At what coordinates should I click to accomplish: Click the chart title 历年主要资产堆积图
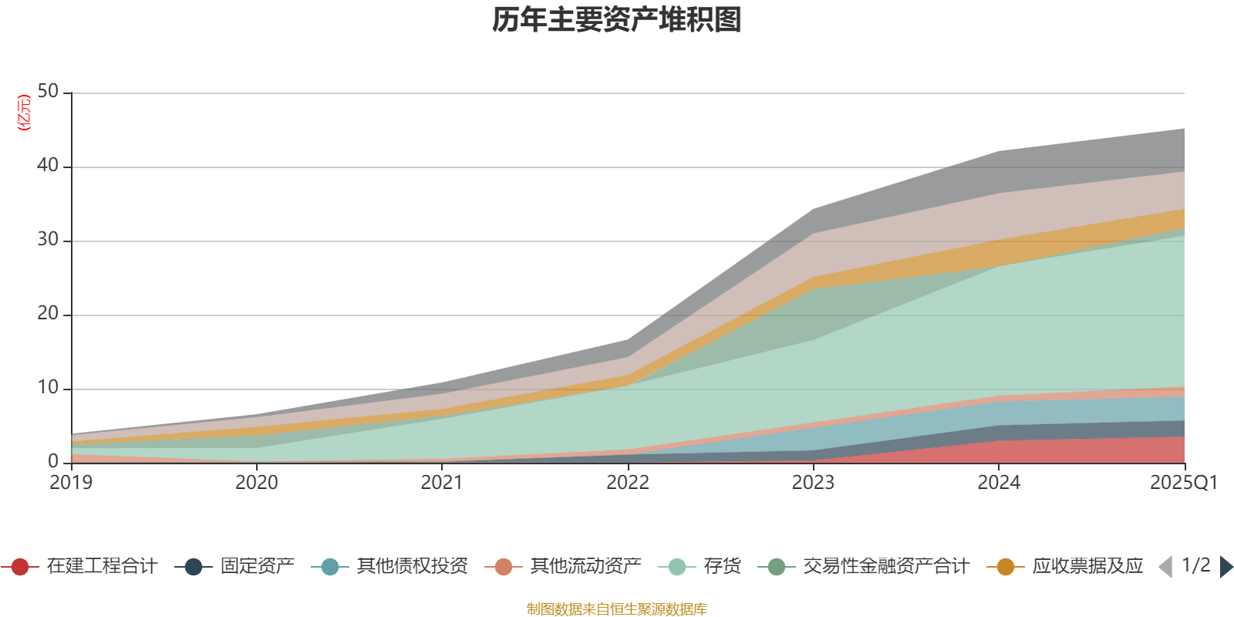pyautogui.click(x=616, y=20)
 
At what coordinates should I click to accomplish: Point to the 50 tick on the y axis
pyautogui.click(x=48, y=91)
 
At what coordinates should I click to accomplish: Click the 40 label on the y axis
pyautogui.click(x=48, y=165)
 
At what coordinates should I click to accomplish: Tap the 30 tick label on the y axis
pyautogui.click(x=48, y=239)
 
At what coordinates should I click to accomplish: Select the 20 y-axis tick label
pyautogui.click(x=48, y=313)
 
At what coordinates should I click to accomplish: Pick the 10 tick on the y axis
pyautogui.click(x=48, y=387)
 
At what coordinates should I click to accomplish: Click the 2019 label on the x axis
pyautogui.click(x=71, y=483)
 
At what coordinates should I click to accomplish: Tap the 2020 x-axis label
pyautogui.click(x=257, y=483)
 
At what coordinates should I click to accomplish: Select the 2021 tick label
pyautogui.click(x=442, y=483)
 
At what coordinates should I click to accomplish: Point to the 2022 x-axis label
pyautogui.click(x=628, y=483)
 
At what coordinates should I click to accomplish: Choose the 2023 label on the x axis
pyautogui.click(x=813, y=483)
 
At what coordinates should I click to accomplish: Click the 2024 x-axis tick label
pyautogui.click(x=999, y=483)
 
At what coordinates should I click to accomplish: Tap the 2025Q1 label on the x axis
pyautogui.click(x=1183, y=483)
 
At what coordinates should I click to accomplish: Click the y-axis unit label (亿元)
pyautogui.click(x=24, y=113)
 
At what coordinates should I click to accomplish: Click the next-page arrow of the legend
pyautogui.click(x=1226, y=567)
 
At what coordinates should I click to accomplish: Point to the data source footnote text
pyautogui.click(x=616, y=609)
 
